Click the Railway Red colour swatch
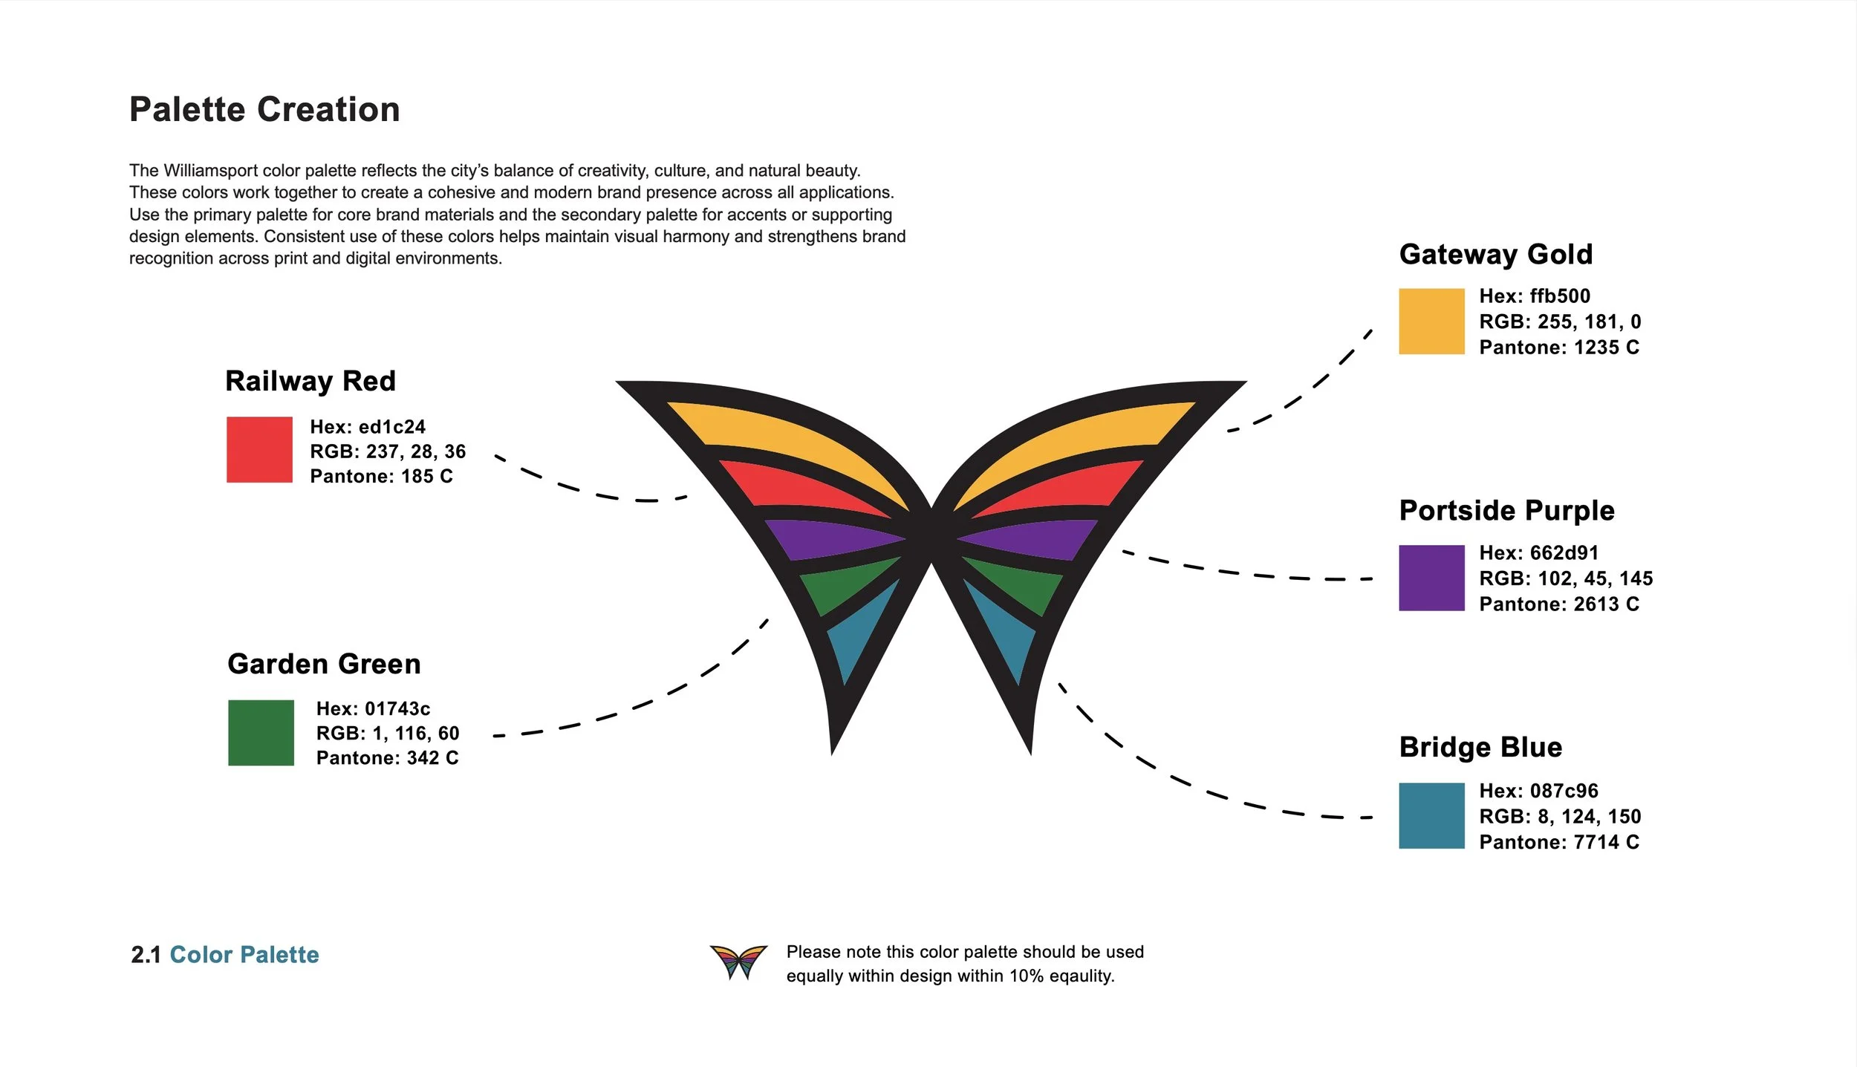[259, 449]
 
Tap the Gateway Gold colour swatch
[1431, 321]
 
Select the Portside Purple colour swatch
[1431, 578]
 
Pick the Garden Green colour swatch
[261, 732]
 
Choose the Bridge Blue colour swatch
[1431, 815]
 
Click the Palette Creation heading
[264, 110]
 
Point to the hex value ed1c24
[392, 427]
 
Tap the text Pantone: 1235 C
[1558, 347]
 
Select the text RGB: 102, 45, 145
[1566, 578]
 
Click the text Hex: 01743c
[373, 708]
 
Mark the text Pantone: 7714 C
[1558, 842]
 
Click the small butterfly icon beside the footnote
[738, 962]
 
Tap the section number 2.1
[146, 955]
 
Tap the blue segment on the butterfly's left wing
[858, 635]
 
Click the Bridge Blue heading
[1480, 747]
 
